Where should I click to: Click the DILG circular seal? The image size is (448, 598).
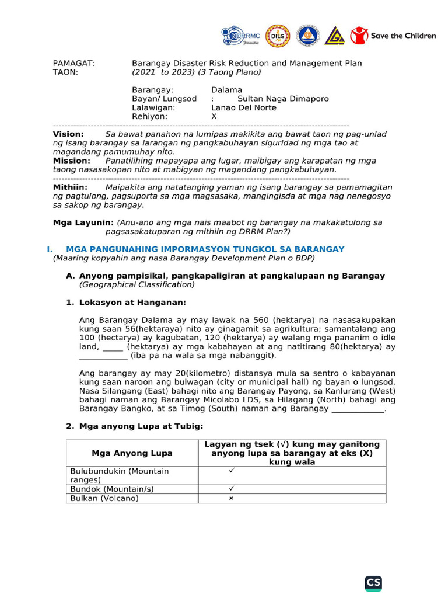click(277, 36)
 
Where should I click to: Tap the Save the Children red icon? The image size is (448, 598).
click(359, 36)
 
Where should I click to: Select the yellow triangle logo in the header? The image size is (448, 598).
click(334, 36)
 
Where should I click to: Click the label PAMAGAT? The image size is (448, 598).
click(73, 63)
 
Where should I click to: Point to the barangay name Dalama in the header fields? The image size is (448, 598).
click(226, 90)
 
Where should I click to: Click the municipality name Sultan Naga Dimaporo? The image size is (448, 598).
click(283, 99)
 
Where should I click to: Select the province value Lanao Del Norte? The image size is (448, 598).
click(243, 107)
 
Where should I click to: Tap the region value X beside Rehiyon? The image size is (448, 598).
click(213, 116)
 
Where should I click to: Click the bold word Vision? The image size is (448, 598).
click(68, 134)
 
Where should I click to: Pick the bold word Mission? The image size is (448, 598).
click(71, 160)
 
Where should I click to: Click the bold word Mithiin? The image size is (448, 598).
click(70, 187)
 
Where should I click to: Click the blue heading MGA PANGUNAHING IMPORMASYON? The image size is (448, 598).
click(205, 249)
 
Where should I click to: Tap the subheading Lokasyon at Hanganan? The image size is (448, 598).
click(132, 303)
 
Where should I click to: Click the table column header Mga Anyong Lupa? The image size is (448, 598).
click(132, 453)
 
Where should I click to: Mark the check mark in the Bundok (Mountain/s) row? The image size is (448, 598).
click(232, 488)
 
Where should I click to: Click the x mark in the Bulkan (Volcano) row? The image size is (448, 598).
click(232, 498)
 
